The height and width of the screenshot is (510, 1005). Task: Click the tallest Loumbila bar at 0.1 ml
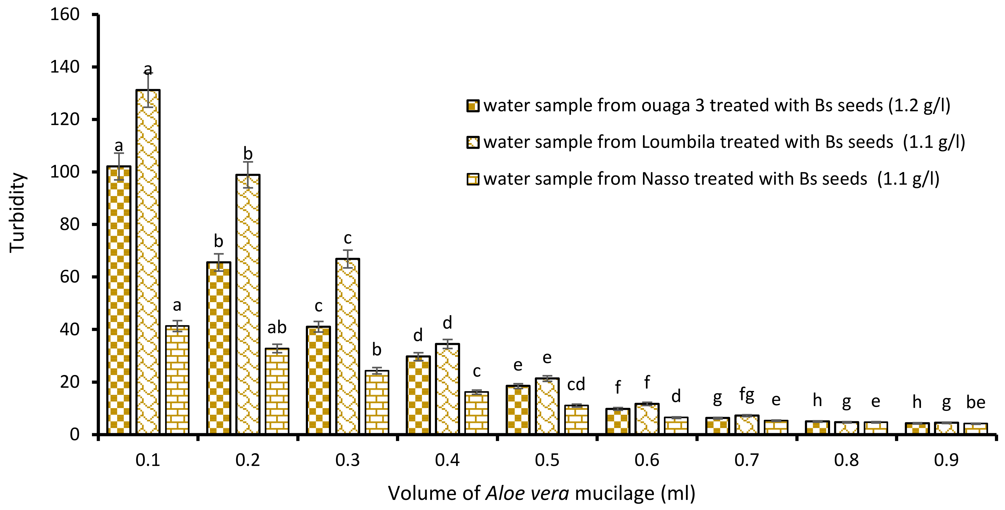point(148,261)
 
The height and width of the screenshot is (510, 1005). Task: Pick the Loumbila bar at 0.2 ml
point(248,304)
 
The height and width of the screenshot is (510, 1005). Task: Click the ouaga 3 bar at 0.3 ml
point(318,380)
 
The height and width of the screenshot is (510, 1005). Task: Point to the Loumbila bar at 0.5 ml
point(547,406)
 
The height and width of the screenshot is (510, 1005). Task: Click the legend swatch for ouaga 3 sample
point(473,106)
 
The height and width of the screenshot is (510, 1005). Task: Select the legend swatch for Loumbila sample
point(473,142)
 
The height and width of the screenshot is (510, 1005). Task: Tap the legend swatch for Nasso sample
point(473,179)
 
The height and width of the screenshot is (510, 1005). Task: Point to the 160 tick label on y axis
point(65,15)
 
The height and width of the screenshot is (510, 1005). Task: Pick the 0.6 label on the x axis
point(647,460)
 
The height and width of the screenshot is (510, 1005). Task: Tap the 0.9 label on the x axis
point(946,460)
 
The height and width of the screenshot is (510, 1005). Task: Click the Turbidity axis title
point(17,213)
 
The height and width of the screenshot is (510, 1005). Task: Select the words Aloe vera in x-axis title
point(527,493)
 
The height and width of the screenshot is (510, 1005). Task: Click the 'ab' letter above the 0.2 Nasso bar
point(277,327)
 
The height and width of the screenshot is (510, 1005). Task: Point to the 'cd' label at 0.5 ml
point(576,385)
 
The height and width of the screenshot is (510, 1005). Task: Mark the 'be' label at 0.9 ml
point(976,402)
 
